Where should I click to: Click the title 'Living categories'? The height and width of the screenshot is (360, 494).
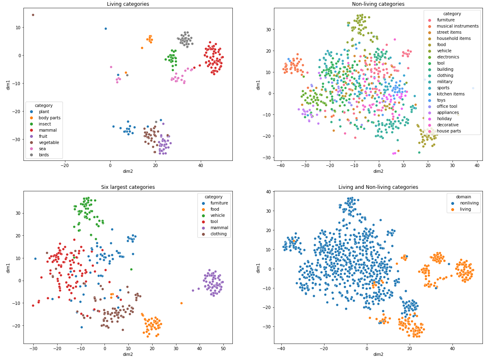[x=128, y=4]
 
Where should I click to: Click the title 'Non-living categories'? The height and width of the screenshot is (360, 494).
[x=378, y=4]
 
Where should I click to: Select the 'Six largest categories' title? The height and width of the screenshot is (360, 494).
[x=128, y=187]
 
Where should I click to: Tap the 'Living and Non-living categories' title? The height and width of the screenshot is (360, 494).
[x=378, y=187]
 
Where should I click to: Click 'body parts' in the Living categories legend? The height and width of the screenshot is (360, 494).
[x=49, y=118]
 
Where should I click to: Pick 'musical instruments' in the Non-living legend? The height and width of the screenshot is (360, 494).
[x=457, y=26]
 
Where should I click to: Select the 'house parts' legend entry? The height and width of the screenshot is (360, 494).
[x=449, y=131]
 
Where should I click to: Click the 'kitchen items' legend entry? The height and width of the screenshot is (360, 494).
[x=450, y=94]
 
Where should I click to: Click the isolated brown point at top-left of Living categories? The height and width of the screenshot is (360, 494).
[x=33, y=15]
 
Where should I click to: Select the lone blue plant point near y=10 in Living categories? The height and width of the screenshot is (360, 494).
[x=106, y=29]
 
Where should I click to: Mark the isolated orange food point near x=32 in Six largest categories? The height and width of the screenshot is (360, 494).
[x=181, y=303]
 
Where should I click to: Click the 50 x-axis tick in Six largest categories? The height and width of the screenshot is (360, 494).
[x=223, y=348]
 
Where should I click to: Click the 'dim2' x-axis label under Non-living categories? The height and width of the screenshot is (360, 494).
[x=378, y=171]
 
